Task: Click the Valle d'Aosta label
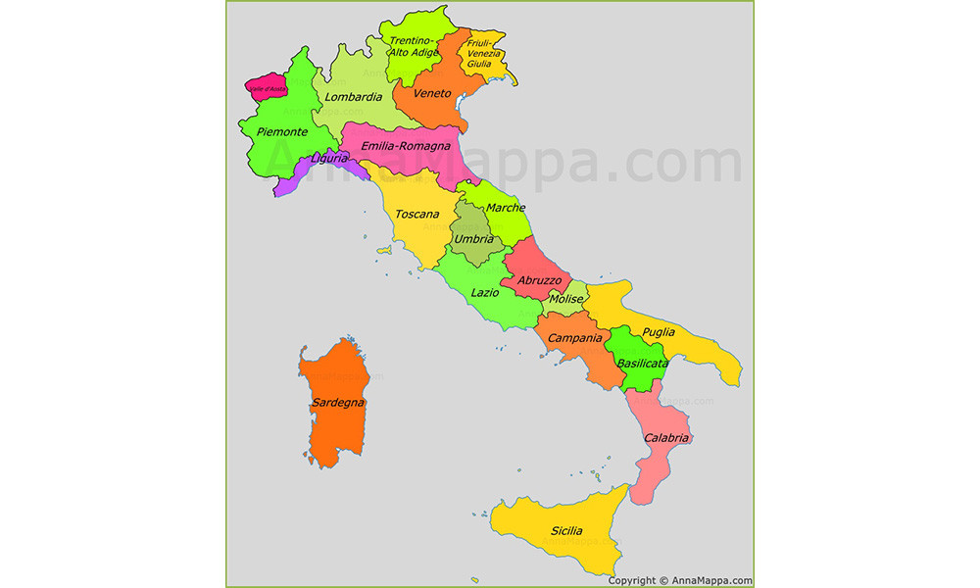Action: pos(268,89)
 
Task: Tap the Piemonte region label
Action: pos(282,131)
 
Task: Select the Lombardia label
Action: pos(354,97)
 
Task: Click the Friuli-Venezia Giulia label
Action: pos(483,53)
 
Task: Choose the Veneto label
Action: pos(432,94)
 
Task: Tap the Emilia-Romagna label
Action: pos(405,147)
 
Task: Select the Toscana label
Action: pos(416,214)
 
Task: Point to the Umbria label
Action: pos(474,238)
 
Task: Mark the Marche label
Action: pos(506,208)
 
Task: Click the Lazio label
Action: pos(484,292)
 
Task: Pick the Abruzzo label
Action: pos(539,279)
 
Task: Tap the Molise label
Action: pos(566,299)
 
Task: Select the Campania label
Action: pos(574,338)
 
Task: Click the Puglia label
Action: pos(659,332)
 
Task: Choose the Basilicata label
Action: pos(642,364)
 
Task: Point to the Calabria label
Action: pos(666,438)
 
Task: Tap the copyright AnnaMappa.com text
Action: pos(680,580)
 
